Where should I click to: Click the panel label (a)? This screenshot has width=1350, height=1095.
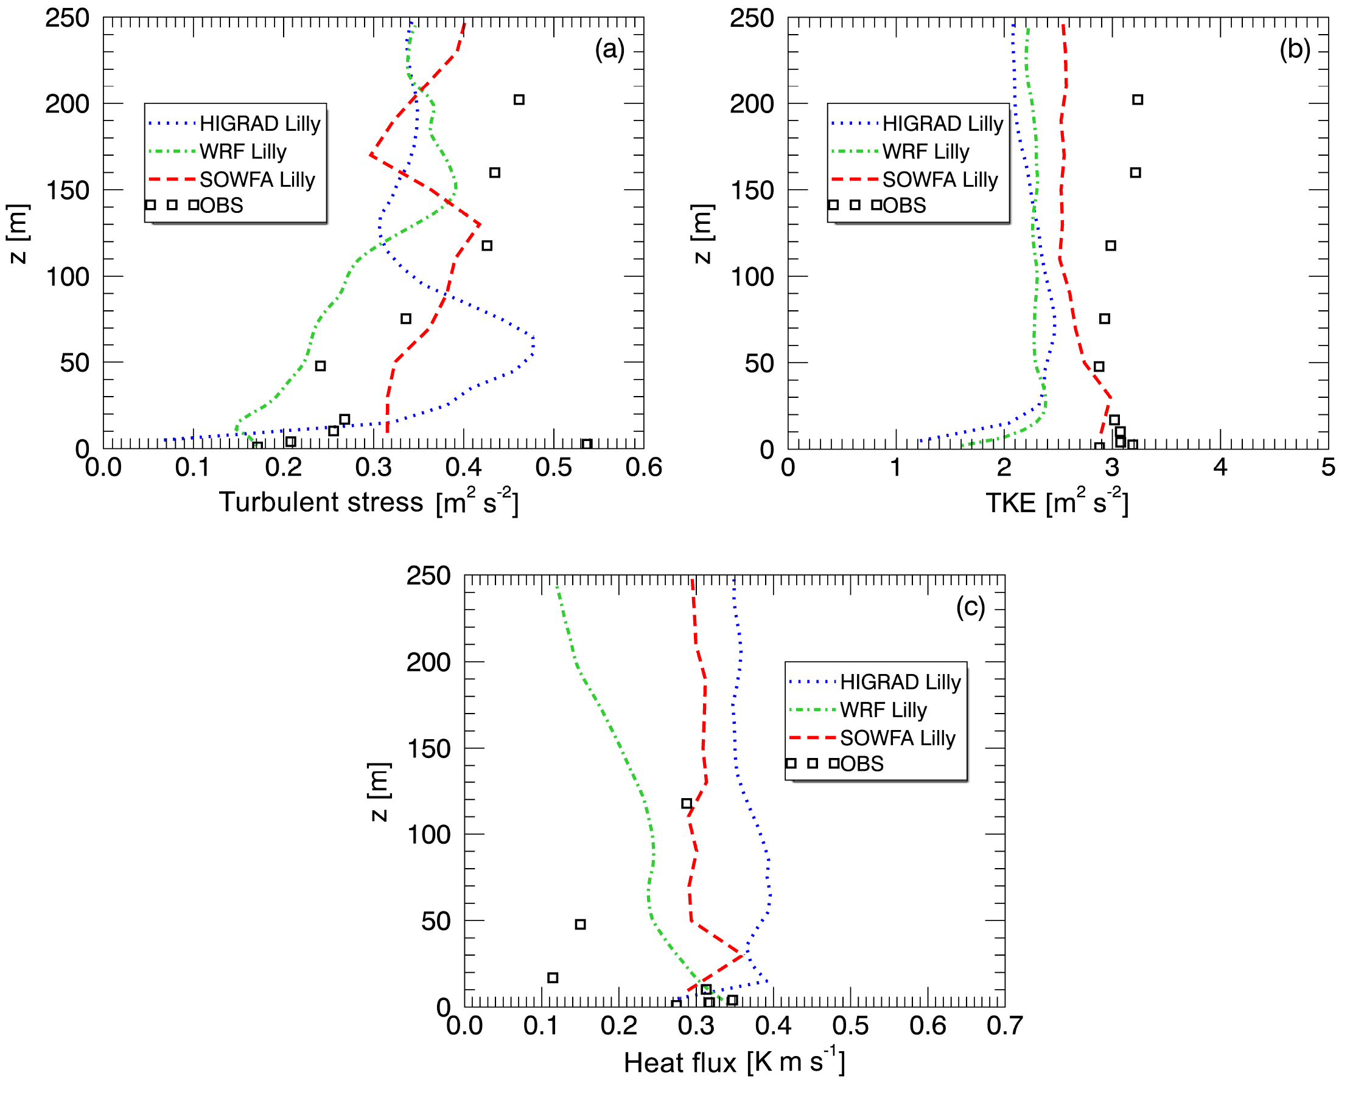coord(609,49)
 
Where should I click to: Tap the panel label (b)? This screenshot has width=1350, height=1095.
coord(1295,49)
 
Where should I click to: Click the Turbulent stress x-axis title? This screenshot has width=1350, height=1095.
coord(369,502)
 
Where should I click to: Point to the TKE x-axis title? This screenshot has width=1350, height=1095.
coord(1057,502)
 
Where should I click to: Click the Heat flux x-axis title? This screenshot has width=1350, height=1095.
coord(734,1062)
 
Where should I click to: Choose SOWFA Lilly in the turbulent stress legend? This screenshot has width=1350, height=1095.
coord(257,180)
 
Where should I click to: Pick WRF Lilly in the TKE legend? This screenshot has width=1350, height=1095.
coord(925,151)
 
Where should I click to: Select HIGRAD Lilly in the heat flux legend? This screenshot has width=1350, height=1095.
coord(900,682)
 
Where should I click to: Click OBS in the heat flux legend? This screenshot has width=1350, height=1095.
coord(861,764)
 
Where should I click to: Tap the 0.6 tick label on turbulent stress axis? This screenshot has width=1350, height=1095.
coord(643,467)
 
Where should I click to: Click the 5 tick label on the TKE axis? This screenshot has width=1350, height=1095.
coord(1328,467)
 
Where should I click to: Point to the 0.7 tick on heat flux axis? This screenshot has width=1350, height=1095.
coord(1004,1026)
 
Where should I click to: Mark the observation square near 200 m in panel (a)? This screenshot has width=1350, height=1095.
coord(519,100)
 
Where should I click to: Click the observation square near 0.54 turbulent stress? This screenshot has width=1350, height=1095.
coord(586,444)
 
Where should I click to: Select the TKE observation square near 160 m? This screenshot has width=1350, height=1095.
coord(1135,173)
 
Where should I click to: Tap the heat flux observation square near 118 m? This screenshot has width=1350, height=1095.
coord(687,804)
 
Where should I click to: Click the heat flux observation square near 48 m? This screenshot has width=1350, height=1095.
coord(580,925)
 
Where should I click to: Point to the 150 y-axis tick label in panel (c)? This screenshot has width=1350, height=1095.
coord(428,749)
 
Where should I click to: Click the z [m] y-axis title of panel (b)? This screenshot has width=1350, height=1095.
coord(702,234)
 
